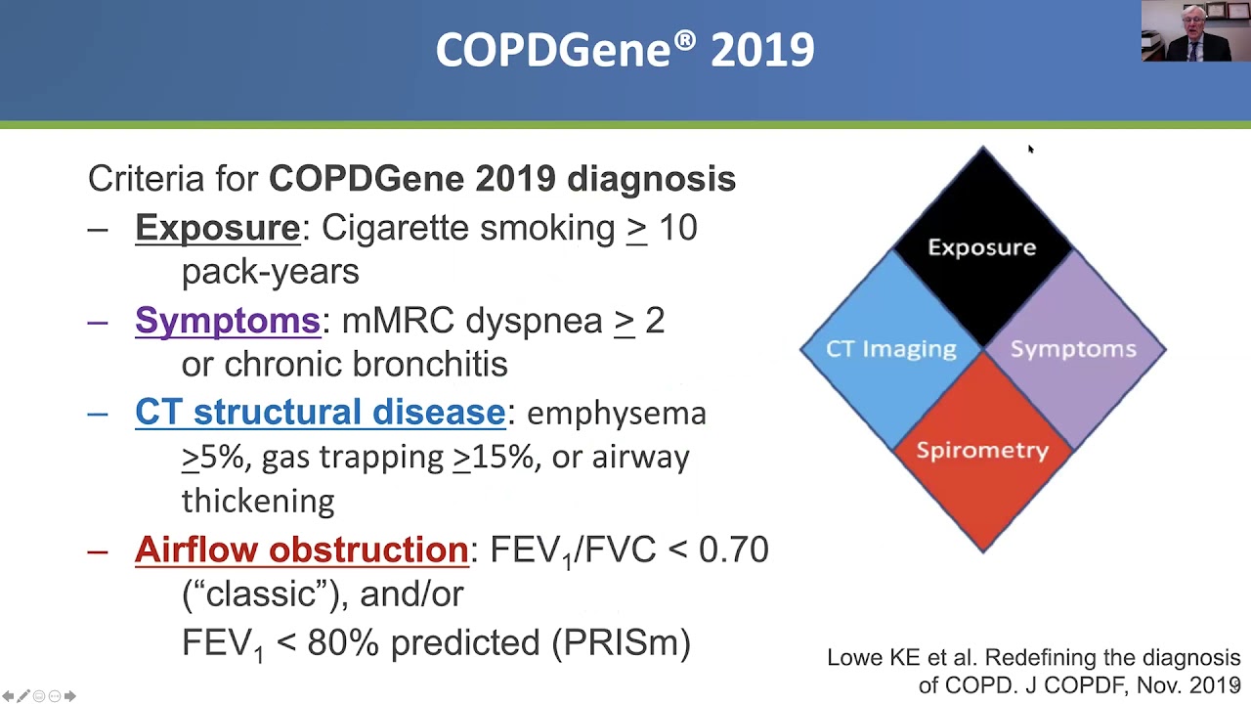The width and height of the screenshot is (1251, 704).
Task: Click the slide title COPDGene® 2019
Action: click(x=625, y=50)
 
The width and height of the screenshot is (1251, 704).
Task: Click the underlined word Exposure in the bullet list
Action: click(x=217, y=228)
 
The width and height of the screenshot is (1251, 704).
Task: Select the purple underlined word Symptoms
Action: click(x=227, y=321)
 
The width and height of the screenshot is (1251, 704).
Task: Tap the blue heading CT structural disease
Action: click(x=320, y=413)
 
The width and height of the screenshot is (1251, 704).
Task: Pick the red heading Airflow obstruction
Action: click(x=301, y=550)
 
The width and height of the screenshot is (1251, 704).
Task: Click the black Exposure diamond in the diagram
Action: click(x=982, y=246)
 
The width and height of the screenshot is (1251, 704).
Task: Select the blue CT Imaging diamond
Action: click(x=890, y=349)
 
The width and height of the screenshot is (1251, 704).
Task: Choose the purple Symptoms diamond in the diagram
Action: click(x=1073, y=349)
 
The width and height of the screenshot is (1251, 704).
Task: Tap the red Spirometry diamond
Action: click(x=982, y=451)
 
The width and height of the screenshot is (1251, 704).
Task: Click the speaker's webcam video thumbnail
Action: click(x=1191, y=31)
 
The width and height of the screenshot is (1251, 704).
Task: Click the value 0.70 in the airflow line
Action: click(x=733, y=550)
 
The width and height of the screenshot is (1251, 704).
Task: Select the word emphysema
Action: click(x=616, y=414)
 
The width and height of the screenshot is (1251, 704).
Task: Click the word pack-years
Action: click(x=270, y=272)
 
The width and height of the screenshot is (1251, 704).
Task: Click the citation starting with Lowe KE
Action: click(x=1033, y=671)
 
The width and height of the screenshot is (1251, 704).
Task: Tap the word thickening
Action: click(x=258, y=501)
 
